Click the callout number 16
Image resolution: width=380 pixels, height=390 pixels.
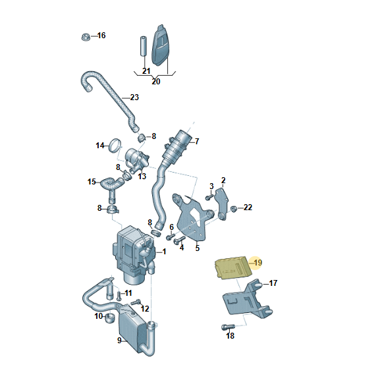[x=101, y=36]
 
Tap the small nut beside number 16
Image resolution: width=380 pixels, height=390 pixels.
[x=86, y=37]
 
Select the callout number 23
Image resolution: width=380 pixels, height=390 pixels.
[x=134, y=97]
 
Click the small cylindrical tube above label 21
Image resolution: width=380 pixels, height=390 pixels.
[x=143, y=47]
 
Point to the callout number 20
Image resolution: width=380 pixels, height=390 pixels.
[x=156, y=82]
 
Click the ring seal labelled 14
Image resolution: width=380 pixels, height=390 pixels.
[x=115, y=146]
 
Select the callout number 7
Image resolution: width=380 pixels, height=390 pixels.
[x=197, y=142]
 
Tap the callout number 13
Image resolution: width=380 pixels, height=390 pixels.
[x=142, y=177]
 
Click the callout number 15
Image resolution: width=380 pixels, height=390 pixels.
[x=92, y=182]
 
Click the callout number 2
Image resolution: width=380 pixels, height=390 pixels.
[x=223, y=180]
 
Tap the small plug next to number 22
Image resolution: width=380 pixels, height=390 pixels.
[x=234, y=209]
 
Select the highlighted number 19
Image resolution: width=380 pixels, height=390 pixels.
[x=258, y=263]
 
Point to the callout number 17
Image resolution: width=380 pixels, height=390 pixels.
[x=273, y=283]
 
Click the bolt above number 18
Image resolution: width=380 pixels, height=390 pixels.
[x=228, y=327]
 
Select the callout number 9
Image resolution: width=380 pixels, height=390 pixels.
[x=119, y=340]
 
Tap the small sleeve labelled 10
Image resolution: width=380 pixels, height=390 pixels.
[x=110, y=318]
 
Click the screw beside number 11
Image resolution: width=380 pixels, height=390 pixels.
[x=119, y=295]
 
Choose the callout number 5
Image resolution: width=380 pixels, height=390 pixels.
[x=197, y=248]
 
